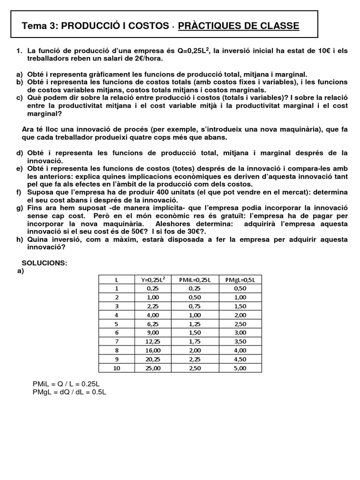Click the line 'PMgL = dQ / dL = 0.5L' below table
click(x=69, y=392)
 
